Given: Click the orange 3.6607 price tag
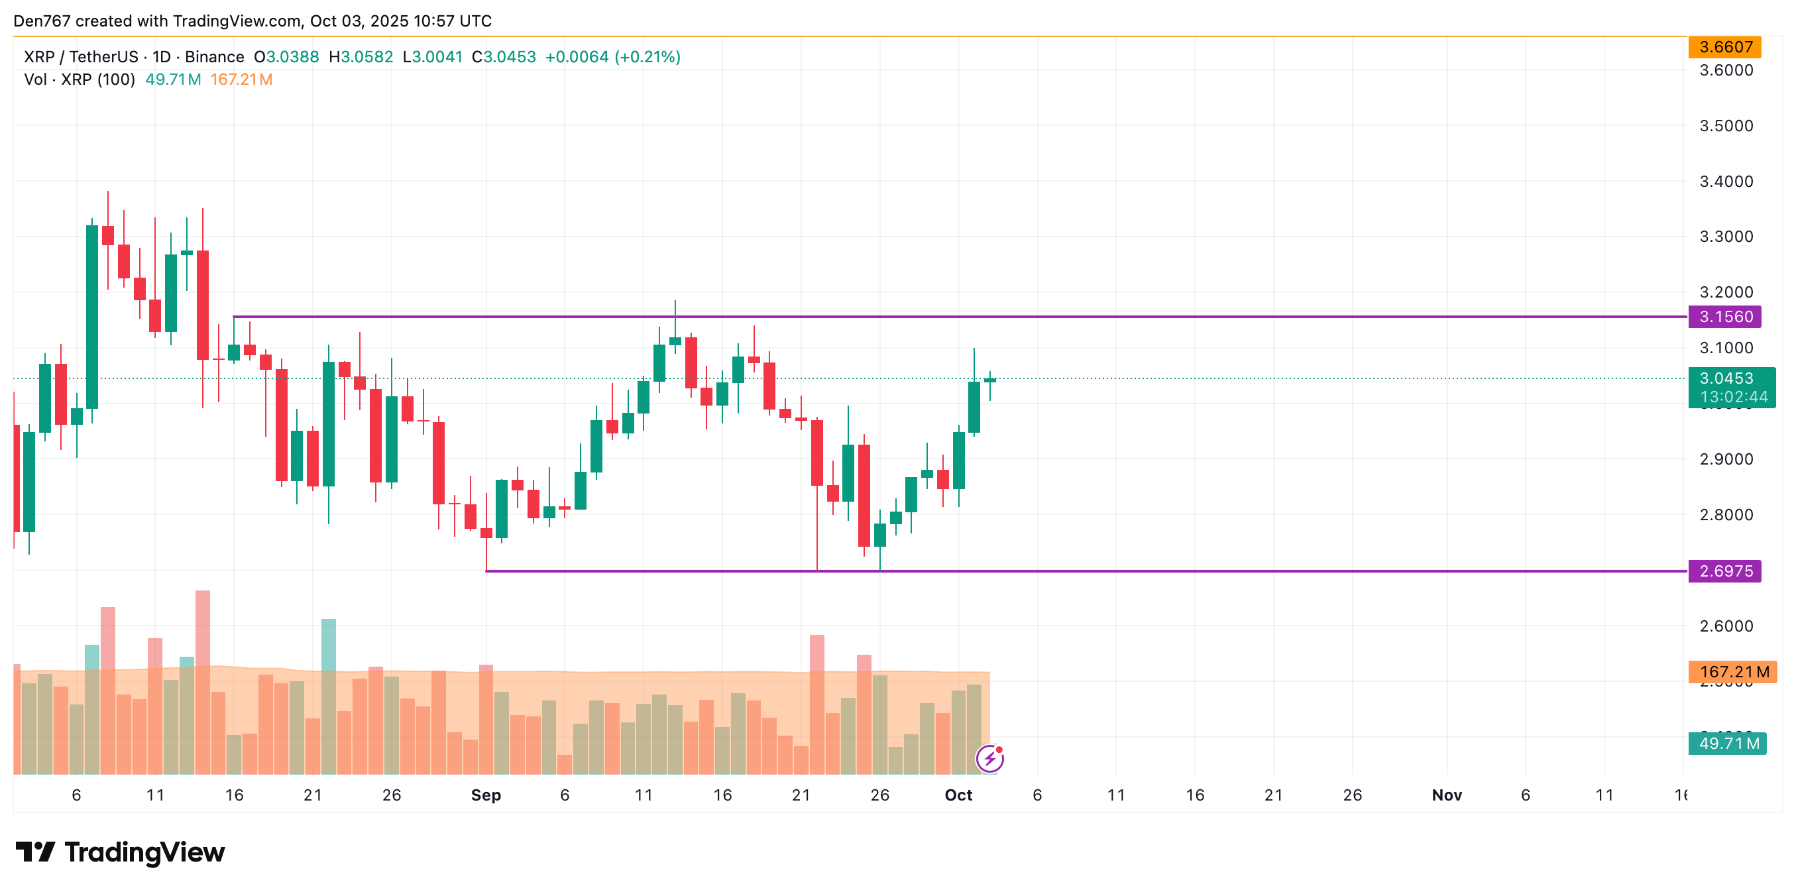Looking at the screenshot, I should pyautogui.click(x=1725, y=47).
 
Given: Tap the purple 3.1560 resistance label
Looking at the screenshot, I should pyautogui.click(x=1725, y=317).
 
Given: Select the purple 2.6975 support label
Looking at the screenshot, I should pyautogui.click(x=1725, y=571).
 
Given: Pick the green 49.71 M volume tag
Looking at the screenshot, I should pyautogui.click(x=1728, y=744).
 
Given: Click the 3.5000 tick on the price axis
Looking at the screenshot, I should pyautogui.click(x=1726, y=125).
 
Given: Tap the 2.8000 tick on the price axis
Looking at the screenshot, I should pyautogui.click(x=1726, y=515).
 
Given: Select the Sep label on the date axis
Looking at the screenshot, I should pyautogui.click(x=486, y=795).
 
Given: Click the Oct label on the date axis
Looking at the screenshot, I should pyautogui.click(x=958, y=795).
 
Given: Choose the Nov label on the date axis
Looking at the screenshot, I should pyautogui.click(x=1446, y=795).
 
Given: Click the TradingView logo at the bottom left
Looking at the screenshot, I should pyautogui.click(x=120, y=852).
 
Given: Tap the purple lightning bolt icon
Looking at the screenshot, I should pyautogui.click(x=989, y=758).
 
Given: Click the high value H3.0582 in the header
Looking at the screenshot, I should pyautogui.click(x=361, y=57).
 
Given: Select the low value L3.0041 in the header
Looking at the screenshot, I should pyautogui.click(x=432, y=57).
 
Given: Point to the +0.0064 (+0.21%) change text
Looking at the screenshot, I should pyautogui.click(x=612, y=57).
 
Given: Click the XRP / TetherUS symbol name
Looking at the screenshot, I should pyautogui.click(x=81, y=57).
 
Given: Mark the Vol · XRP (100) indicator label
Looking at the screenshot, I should pyautogui.click(x=80, y=80).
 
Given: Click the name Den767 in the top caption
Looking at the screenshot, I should pyautogui.click(x=42, y=21).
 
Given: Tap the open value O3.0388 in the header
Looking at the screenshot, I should pyautogui.click(x=286, y=57).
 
